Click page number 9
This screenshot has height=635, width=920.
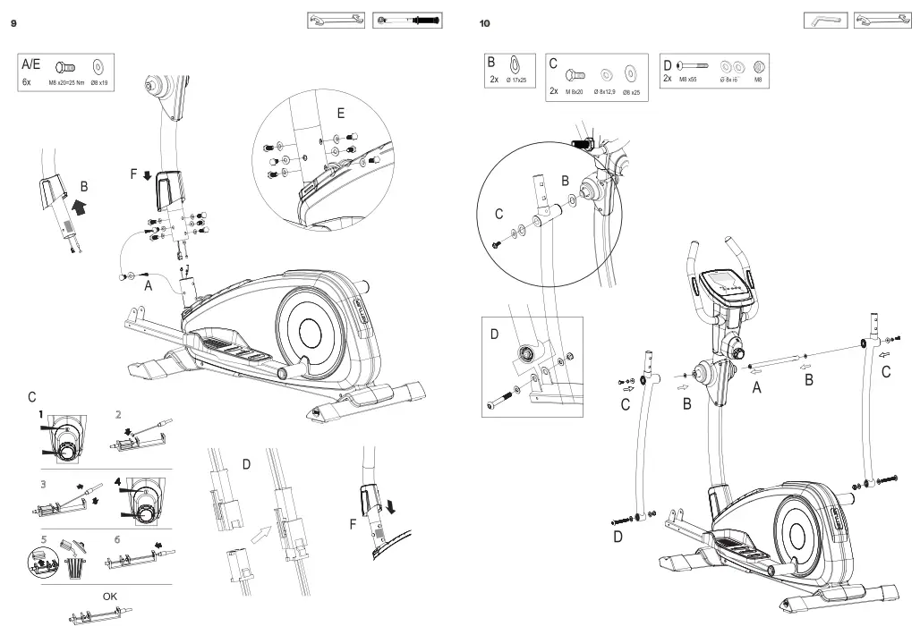[x=13, y=23]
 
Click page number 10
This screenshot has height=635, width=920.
[x=485, y=23]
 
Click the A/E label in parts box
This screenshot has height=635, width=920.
[x=31, y=64]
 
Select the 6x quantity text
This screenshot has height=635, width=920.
[x=27, y=81]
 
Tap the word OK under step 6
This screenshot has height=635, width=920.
[x=109, y=596]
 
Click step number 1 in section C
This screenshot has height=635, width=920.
[x=41, y=414]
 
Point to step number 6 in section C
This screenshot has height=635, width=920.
[x=117, y=539]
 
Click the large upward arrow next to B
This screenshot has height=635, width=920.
[x=80, y=208]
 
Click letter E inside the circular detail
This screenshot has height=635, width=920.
[x=341, y=114]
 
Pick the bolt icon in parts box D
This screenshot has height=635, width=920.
[x=691, y=65]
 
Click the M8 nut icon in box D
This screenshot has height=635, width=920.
[x=757, y=65]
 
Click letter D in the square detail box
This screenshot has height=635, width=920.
[x=494, y=334]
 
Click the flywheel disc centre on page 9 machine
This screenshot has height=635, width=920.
[x=310, y=334]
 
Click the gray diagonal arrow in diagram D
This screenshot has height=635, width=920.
[x=261, y=536]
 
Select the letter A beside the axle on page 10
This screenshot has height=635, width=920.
[x=756, y=387]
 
